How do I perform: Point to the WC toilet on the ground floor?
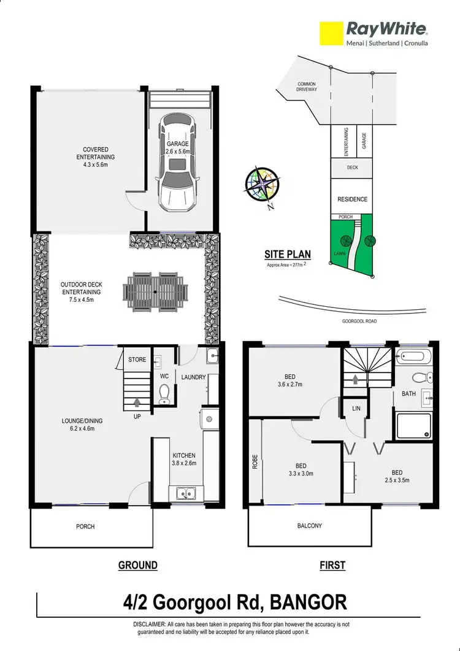point(164,393)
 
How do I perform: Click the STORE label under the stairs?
point(137,359)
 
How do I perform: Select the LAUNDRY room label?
point(193,377)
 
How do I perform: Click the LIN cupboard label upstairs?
point(356,407)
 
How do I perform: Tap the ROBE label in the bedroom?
point(255,462)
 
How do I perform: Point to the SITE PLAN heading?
point(287,254)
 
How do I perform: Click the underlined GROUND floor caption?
point(137,565)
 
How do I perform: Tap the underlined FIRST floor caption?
point(332,565)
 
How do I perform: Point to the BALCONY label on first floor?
point(309,526)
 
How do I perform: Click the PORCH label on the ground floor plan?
point(85,526)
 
